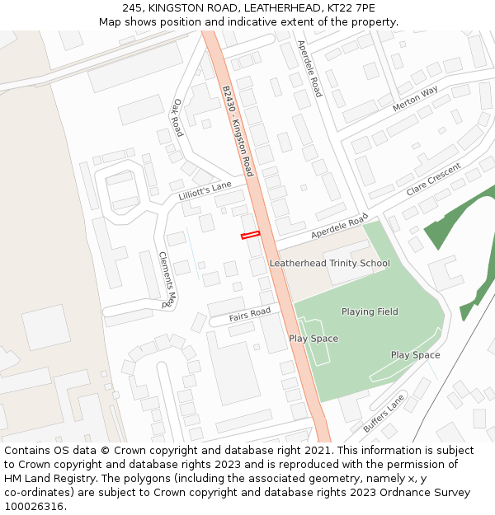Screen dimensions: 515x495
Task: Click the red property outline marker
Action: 250,236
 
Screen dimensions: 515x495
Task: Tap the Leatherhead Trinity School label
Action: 329,263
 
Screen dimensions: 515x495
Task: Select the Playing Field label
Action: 370,311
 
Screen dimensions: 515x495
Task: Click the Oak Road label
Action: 177,118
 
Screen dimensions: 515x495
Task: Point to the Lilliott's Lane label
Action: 205,191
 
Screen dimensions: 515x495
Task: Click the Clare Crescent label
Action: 433,180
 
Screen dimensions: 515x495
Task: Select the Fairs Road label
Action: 250,314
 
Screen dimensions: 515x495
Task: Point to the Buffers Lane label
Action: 384,414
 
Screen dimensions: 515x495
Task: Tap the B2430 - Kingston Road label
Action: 238,130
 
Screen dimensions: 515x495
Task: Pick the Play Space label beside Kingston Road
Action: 313,339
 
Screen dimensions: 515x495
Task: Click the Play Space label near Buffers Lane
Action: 415,355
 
